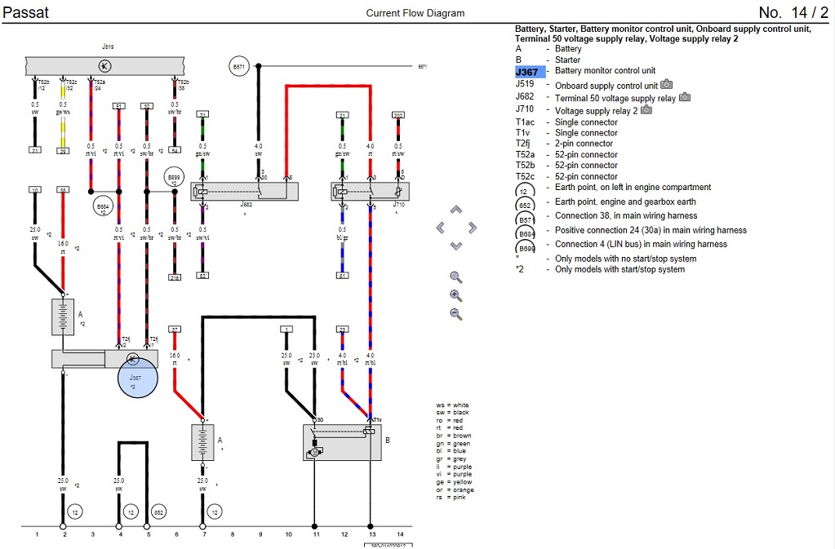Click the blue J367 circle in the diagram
tap(135, 375)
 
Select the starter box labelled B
tap(342, 442)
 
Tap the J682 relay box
tap(245, 192)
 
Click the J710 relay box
tap(370, 192)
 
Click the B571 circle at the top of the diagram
tap(238, 67)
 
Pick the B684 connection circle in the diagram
tap(103, 207)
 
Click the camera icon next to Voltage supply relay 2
tap(646, 109)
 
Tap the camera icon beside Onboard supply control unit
tap(667, 84)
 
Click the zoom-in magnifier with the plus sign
tap(456, 295)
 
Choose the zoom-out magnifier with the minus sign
tap(456, 314)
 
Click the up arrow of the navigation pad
tap(455, 210)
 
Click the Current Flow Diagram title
tap(415, 13)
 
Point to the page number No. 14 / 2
tap(792, 12)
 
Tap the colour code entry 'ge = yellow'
tap(455, 481)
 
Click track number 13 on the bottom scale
tap(371, 534)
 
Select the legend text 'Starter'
tap(567, 60)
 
